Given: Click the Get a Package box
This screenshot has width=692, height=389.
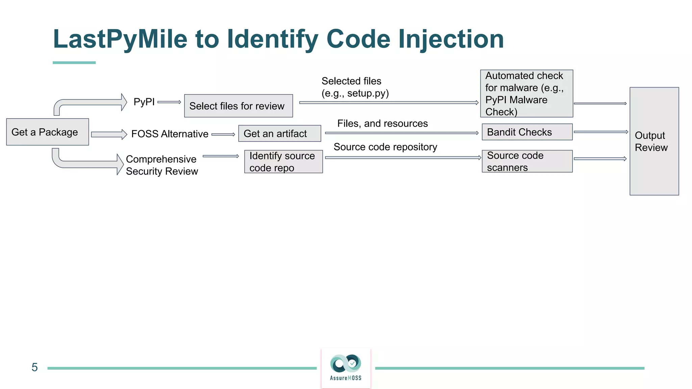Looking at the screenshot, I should point(48,132).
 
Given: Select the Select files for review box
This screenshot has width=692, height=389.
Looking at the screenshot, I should point(238,106).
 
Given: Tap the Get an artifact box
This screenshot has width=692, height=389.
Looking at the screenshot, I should point(279,133).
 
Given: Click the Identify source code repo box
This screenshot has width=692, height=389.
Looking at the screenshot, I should point(283,162).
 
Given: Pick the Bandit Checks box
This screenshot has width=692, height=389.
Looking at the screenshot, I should point(527,132).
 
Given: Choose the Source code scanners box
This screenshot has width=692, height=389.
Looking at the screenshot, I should point(527,161).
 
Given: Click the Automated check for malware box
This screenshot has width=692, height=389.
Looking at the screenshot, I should point(526,94).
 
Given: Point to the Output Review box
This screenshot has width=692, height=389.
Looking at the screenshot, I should point(654,141).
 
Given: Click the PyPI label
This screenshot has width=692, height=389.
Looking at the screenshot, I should point(144,102).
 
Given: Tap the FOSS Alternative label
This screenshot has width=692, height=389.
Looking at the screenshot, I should point(170,134).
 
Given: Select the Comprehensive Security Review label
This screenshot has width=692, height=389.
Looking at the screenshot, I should point(162,165).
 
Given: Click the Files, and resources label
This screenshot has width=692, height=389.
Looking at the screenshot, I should point(382,124).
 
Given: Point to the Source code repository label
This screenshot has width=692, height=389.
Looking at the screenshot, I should point(385,147).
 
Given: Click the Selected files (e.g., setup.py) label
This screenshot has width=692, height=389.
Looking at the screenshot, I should point(354,87).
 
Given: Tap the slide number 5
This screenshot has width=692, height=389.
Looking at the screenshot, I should point(34,367).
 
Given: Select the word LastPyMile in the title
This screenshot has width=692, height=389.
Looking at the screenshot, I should point(120,39).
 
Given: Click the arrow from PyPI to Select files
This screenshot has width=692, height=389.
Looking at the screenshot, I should point(169,102).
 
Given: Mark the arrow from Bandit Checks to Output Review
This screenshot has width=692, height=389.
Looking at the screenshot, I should point(600,132).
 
